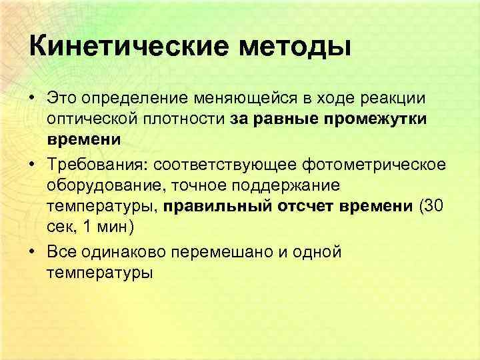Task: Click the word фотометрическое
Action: pos(378,165)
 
